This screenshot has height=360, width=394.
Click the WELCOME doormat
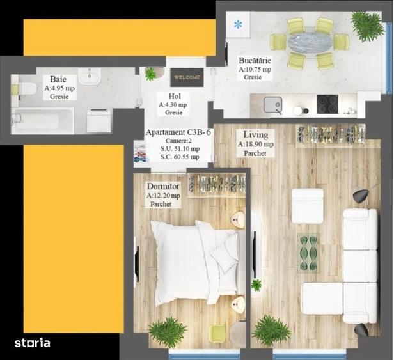click(187, 77)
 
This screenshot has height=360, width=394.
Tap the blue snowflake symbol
click(239, 25)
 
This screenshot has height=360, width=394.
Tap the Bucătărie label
click(255, 61)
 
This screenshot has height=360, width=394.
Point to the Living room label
click(256, 135)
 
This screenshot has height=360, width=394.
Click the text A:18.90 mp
click(256, 145)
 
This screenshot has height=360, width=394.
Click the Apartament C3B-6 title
click(178, 132)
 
